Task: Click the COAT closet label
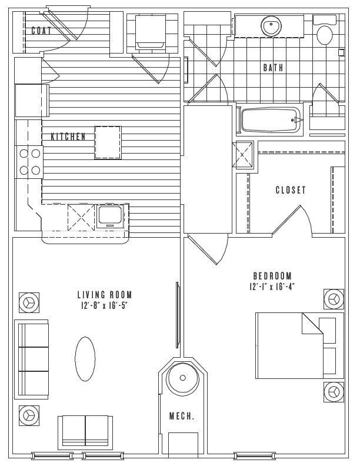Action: click(x=41, y=31)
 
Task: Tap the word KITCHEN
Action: click(x=68, y=137)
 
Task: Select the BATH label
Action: click(x=273, y=68)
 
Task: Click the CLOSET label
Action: click(x=291, y=190)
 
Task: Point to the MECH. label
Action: click(x=182, y=416)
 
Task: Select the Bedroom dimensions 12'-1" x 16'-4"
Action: click(x=272, y=287)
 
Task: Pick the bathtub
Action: click(x=271, y=120)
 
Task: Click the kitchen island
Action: click(x=108, y=142)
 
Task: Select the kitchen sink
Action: click(x=111, y=214)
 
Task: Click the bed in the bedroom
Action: click(x=300, y=345)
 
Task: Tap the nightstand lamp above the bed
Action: click(x=334, y=299)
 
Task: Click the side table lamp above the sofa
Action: click(x=29, y=302)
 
